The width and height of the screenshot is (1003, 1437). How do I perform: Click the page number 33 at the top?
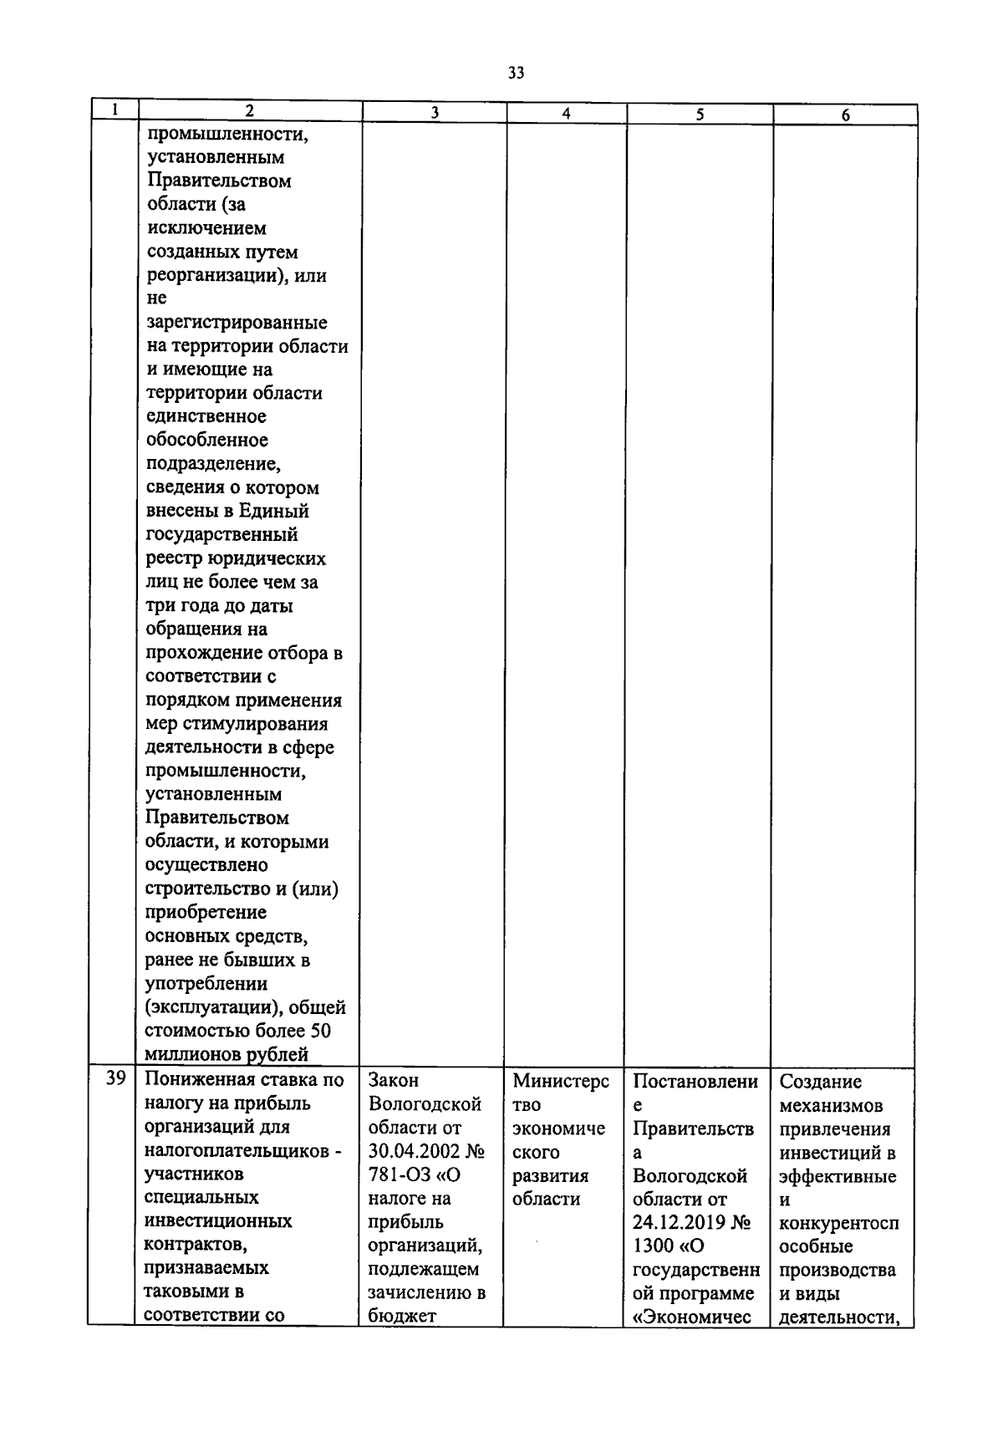click(516, 73)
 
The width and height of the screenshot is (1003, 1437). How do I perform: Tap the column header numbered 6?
click(845, 116)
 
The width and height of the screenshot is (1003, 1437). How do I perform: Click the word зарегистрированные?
click(237, 322)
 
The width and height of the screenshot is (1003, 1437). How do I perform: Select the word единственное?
click(206, 416)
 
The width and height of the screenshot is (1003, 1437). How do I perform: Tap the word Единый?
click(276, 511)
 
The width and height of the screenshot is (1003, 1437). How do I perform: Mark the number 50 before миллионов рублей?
click(320, 1031)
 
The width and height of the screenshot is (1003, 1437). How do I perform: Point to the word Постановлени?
click(695, 1081)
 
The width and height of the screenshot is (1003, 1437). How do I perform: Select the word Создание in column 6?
click(820, 1082)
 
